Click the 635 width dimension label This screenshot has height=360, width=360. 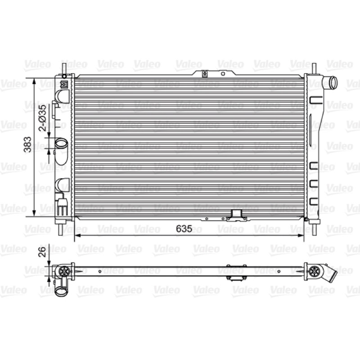point(184,229)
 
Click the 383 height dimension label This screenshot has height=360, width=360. point(28,144)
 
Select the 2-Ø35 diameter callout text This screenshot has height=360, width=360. point(43,118)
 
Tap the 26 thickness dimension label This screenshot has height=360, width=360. point(43,252)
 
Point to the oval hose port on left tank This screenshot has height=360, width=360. point(61,144)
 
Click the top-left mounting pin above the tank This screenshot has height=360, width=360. point(64,69)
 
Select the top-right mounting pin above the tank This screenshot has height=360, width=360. point(314,69)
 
